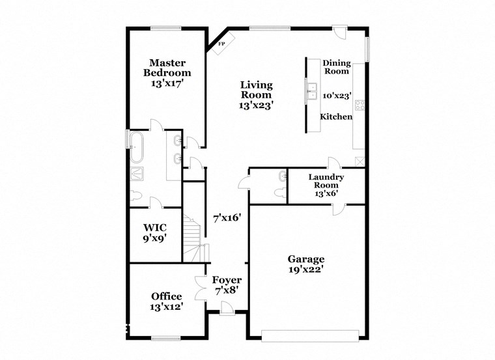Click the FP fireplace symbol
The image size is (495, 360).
[221, 44]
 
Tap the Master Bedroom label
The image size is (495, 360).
[167, 68]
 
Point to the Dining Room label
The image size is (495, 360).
[337, 67]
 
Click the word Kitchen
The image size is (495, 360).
[336, 117]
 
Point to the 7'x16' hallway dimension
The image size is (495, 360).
[227, 218]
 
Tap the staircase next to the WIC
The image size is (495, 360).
[192, 238]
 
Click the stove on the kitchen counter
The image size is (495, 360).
[359, 104]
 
